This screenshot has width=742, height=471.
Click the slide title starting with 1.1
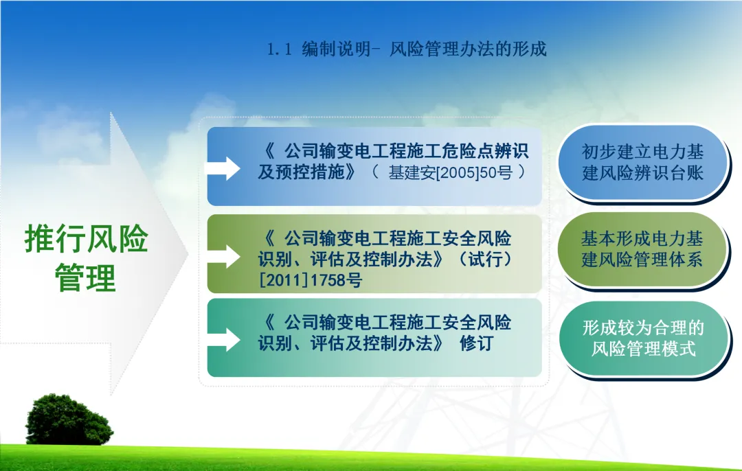(x=407, y=49)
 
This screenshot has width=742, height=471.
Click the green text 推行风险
(x=86, y=238)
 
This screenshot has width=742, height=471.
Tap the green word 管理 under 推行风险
(x=86, y=277)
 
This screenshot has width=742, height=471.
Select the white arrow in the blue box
(x=223, y=168)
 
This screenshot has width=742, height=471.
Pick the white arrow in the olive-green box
(x=223, y=256)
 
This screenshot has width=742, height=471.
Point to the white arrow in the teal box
(x=223, y=340)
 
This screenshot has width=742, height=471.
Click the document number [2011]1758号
(x=311, y=280)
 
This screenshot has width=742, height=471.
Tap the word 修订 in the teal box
(x=477, y=343)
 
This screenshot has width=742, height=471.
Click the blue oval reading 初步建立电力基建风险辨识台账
(x=642, y=162)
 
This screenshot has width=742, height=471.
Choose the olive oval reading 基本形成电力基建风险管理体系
(x=642, y=249)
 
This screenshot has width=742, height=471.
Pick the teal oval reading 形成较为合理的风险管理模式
(x=642, y=338)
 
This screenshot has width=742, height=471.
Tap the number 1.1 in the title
(x=279, y=49)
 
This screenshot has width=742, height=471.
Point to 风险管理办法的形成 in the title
(x=468, y=49)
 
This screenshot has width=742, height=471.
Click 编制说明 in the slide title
(x=336, y=49)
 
